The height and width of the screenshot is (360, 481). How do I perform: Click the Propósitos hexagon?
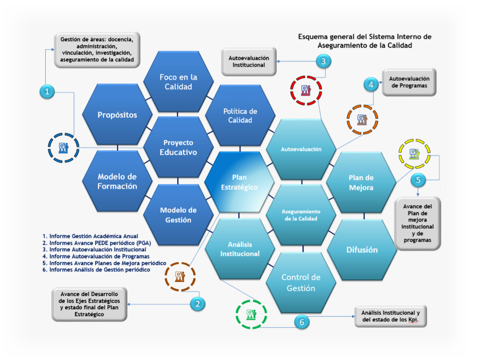pos(117,115)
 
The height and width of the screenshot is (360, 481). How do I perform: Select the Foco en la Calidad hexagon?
pos(178,82)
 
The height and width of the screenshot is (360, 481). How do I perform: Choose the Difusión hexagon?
pos(361,249)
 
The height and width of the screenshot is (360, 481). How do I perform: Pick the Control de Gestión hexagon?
pos(301,283)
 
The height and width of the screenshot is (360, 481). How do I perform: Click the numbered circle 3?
pos(324,61)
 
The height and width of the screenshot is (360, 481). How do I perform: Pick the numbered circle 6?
pos(302,322)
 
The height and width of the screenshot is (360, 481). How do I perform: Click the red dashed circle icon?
pos(305,91)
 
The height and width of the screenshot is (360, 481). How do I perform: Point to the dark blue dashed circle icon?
pos(63,147)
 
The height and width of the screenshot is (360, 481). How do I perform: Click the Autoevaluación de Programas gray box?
pos(409,81)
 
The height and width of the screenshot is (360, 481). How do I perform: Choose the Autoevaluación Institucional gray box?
pos(249,62)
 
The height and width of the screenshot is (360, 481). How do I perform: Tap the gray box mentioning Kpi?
pos(390,316)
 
